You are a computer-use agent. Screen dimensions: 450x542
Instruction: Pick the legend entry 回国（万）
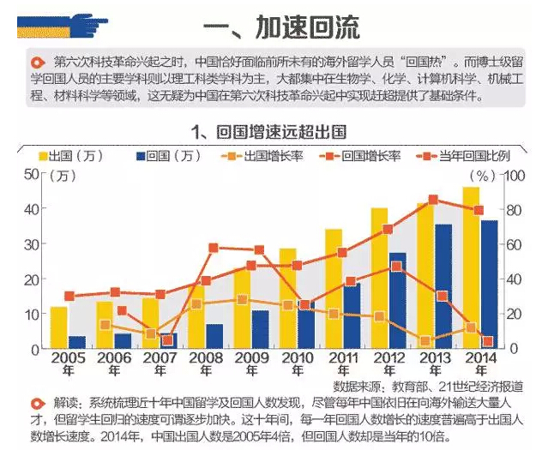[x=168, y=156]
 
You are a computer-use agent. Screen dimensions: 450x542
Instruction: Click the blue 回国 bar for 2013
[x=443, y=286]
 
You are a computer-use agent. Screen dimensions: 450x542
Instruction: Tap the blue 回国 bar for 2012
[x=398, y=300]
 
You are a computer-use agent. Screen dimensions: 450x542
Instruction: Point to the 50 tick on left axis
[x=31, y=174]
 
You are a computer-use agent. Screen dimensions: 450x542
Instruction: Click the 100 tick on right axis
[x=512, y=175]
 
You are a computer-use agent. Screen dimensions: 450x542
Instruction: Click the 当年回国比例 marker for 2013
[x=433, y=200]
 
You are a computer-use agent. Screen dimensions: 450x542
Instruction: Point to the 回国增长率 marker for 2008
[x=214, y=248]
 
